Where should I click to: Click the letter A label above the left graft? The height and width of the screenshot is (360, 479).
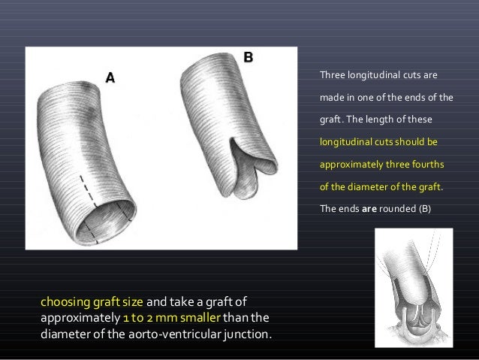[x=110, y=76]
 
